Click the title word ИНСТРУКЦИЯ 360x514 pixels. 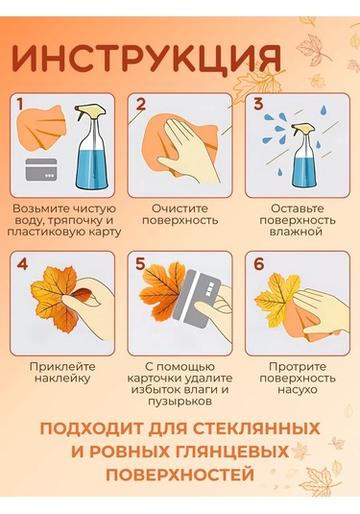coord(146,59)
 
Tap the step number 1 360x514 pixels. coord(20,105)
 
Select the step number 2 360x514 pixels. coord(140,105)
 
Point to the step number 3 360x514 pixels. coord(258,105)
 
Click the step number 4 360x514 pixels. coord(22,264)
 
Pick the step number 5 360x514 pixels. coord(140,264)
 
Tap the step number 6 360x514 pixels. coord(259,264)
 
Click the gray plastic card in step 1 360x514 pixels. coord(41,169)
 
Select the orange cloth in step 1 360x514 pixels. coord(41,127)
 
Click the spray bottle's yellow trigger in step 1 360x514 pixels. coord(89,111)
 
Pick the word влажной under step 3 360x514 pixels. coord(298,232)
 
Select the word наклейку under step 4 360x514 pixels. coord(62,379)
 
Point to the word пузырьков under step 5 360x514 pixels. coord(180,402)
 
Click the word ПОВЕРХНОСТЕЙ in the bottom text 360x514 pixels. coord(180,474)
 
